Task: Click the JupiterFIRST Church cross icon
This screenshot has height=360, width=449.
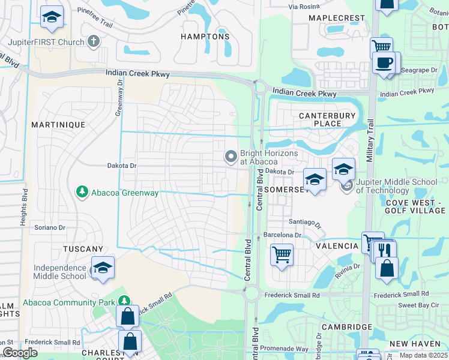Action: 93,41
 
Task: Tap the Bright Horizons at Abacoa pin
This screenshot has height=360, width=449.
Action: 231,157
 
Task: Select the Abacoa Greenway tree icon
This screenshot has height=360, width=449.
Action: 82,192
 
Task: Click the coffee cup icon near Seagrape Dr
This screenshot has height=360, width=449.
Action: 383,62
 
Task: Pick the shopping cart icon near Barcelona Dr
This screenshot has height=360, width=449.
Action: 281,254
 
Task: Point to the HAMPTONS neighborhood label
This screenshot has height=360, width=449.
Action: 205,37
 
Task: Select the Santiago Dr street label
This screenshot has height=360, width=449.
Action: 306,223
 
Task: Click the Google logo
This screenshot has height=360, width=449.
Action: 20,353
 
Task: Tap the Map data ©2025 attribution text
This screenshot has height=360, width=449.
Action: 424,355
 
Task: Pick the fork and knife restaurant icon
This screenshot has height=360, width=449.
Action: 385,250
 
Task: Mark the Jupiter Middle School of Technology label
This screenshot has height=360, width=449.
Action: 396,186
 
